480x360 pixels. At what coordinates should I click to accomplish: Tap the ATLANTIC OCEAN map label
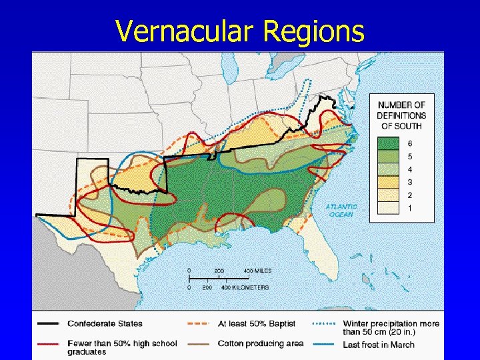[341, 210]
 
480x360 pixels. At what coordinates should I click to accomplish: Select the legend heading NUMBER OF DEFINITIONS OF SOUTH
[402, 115]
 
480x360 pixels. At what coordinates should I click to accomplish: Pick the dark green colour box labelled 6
[390, 143]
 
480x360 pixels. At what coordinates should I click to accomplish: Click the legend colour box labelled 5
[390, 157]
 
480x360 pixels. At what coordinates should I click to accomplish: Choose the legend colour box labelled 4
[390, 169]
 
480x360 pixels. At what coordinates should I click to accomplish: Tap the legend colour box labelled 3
[390, 182]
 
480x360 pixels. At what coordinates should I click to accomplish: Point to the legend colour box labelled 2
[390, 195]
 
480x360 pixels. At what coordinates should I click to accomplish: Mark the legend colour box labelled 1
[390, 208]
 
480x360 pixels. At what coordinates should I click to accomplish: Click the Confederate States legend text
[105, 324]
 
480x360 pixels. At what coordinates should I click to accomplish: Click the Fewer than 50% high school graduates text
[122, 347]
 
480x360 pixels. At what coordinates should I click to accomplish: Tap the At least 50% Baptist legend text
[257, 324]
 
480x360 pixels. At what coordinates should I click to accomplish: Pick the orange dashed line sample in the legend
[199, 324]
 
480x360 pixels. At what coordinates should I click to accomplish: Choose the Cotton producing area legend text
[260, 344]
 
